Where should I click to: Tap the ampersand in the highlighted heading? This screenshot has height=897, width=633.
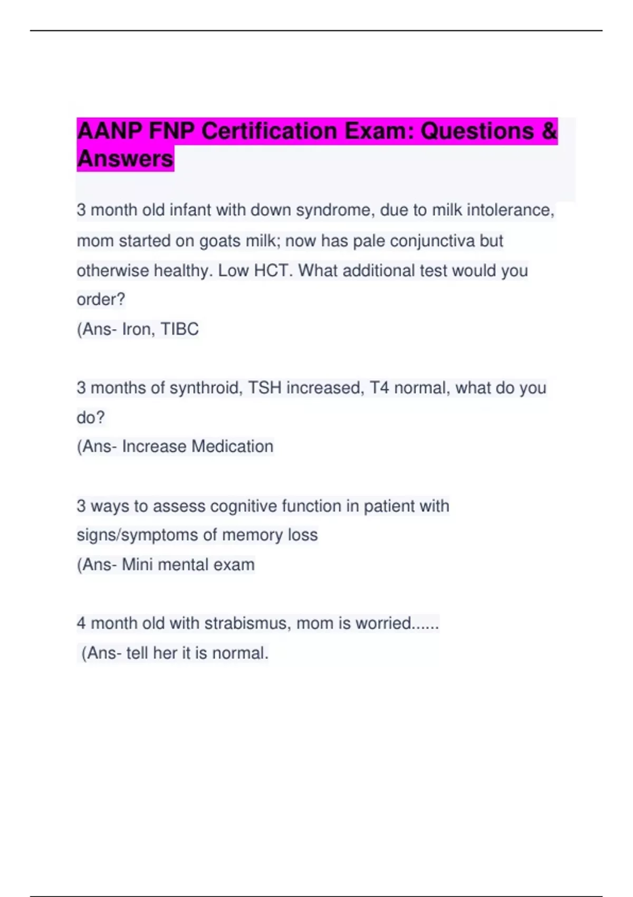coord(549,131)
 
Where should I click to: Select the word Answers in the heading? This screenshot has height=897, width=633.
coord(125,159)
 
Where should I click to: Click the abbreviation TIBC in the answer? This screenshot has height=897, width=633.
coord(179,329)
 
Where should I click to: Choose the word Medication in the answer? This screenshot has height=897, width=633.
coord(232,446)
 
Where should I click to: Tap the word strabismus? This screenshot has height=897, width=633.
coord(247,623)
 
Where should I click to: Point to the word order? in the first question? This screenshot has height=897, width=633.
coord(101,300)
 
